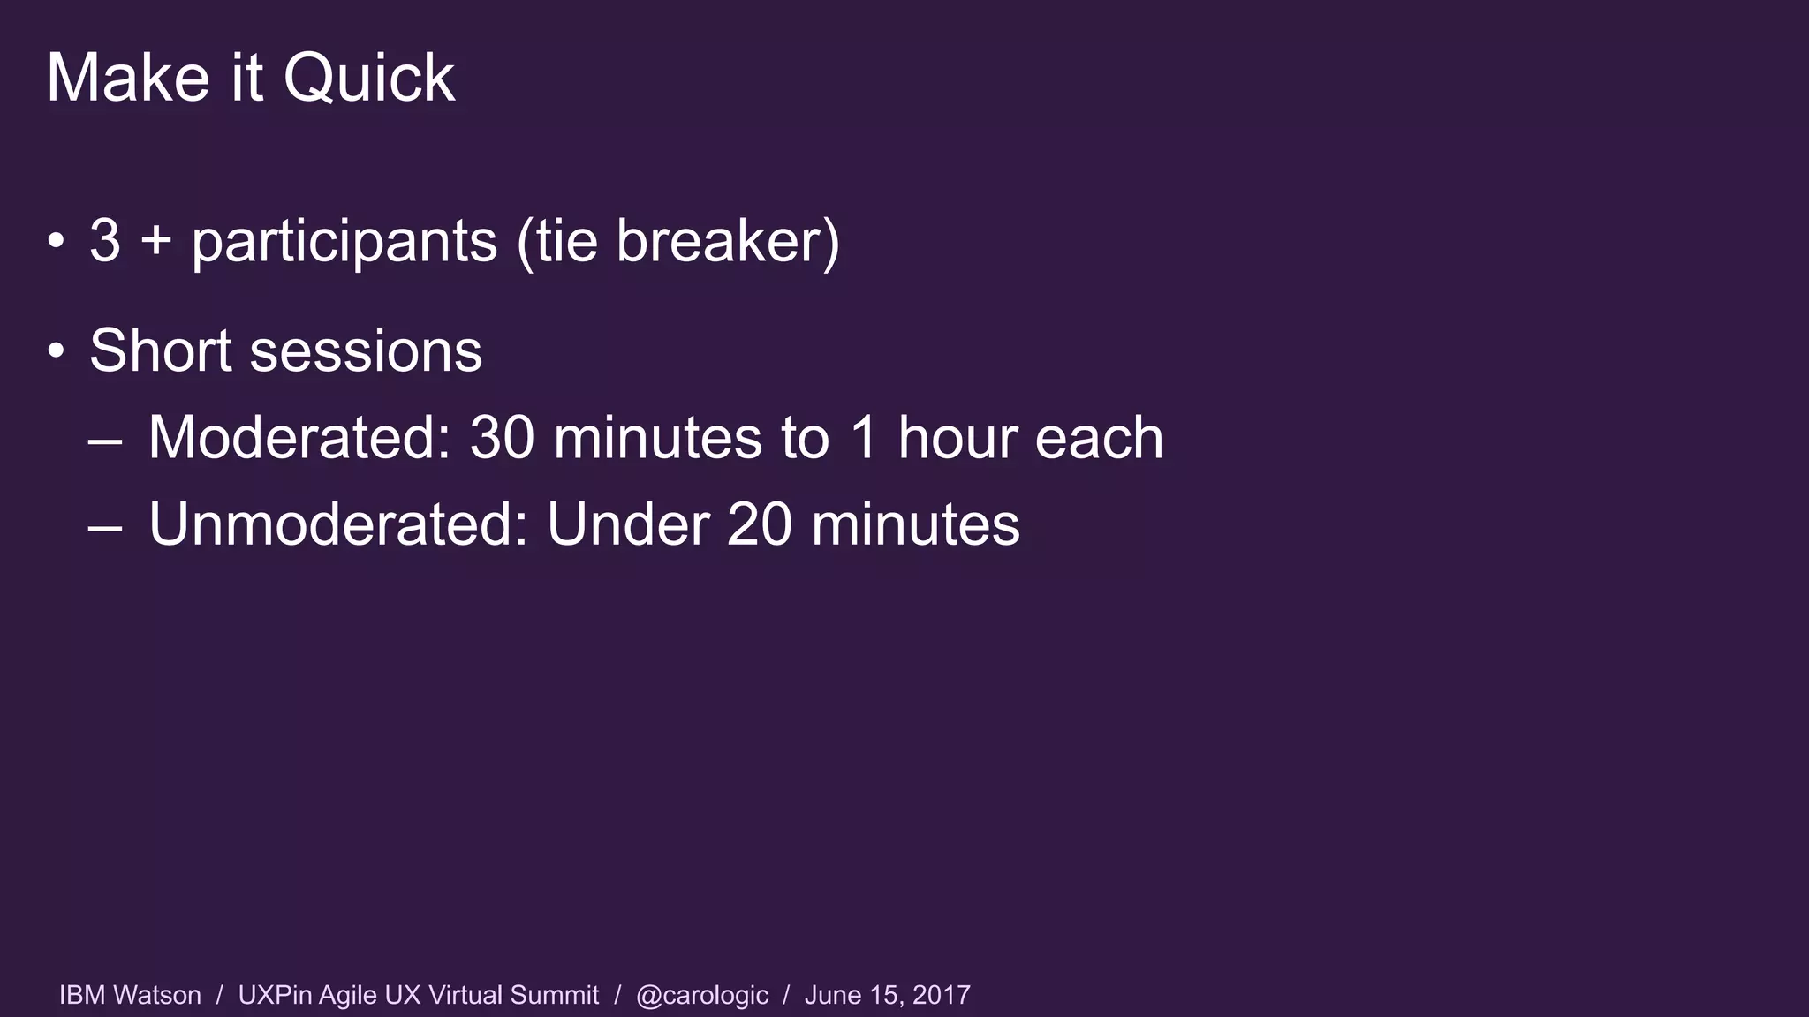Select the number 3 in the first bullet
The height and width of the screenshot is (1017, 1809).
[x=105, y=240]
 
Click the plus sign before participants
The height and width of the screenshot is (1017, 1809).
[x=155, y=240]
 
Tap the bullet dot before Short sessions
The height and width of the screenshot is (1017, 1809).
[x=57, y=351]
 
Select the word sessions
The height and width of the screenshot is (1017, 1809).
[x=366, y=351]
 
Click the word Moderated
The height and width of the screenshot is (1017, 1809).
[x=299, y=437]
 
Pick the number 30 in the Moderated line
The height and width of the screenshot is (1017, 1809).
[x=502, y=437]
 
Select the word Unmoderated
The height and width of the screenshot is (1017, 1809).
[x=337, y=524]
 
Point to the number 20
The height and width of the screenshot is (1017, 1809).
[x=760, y=524]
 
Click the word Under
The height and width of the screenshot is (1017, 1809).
[x=628, y=524]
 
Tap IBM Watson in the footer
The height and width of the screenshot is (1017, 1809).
[x=130, y=995]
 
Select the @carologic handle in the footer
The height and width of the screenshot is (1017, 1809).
[x=702, y=996]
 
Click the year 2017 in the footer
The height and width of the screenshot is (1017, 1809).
[x=941, y=995]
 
